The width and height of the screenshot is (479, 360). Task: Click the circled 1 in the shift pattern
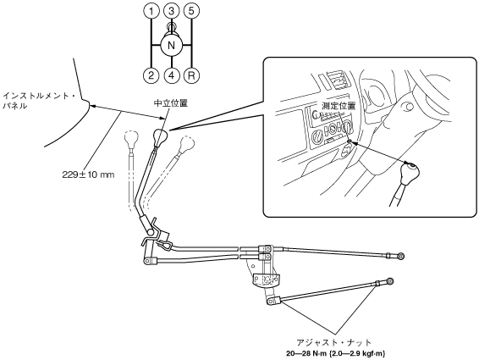click(151, 11)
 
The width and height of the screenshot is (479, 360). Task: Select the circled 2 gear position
click(151, 75)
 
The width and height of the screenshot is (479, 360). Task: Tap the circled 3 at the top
click(172, 11)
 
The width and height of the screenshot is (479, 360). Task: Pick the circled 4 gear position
click(172, 75)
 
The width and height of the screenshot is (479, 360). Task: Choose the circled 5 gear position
click(191, 11)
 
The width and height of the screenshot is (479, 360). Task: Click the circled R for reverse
click(191, 75)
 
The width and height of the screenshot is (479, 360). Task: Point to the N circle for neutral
click(172, 46)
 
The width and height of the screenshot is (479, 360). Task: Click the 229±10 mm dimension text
click(88, 174)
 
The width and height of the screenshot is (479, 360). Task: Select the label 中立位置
click(170, 103)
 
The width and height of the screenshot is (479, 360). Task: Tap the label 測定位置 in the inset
click(339, 106)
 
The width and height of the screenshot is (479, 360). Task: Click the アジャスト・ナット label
click(334, 342)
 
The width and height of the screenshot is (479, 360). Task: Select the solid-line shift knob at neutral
click(161, 136)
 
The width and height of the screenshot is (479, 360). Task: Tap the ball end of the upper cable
click(400, 256)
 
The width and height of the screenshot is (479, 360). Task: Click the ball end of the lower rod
click(390, 281)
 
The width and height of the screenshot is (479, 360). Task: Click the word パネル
click(14, 107)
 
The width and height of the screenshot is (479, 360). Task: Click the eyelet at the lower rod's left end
click(270, 302)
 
